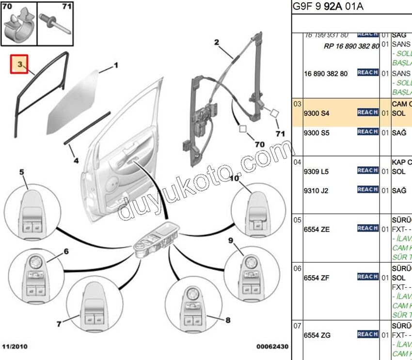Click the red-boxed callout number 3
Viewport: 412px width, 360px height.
pyautogui.click(x=20, y=64)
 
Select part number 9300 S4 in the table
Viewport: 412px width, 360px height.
pyautogui.click(x=316, y=113)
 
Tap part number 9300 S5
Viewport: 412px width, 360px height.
pyautogui.click(x=316, y=132)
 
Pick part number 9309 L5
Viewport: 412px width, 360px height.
pyautogui.click(x=316, y=171)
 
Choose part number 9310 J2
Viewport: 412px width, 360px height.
pyautogui.click(x=316, y=190)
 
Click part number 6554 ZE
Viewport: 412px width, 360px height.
pyautogui.click(x=317, y=229)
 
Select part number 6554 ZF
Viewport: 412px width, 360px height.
pyautogui.click(x=317, y=278)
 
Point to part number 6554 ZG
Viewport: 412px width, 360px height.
pyautogui.click(x=317, y=335)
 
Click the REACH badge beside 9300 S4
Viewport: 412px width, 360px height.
pyautogui.click(x=367, y=112)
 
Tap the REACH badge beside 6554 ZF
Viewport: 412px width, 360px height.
pyautogui.click(x=367, y=277)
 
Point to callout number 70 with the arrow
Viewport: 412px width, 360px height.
pyautogui.click(x=260, y=144)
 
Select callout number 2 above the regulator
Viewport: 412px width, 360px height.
pyautogui.click(x=217, y=42)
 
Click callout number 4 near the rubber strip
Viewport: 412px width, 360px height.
pyautogui.click(x=76, y=160)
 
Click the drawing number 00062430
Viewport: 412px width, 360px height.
pyautogui.click(x=272, y=347)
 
